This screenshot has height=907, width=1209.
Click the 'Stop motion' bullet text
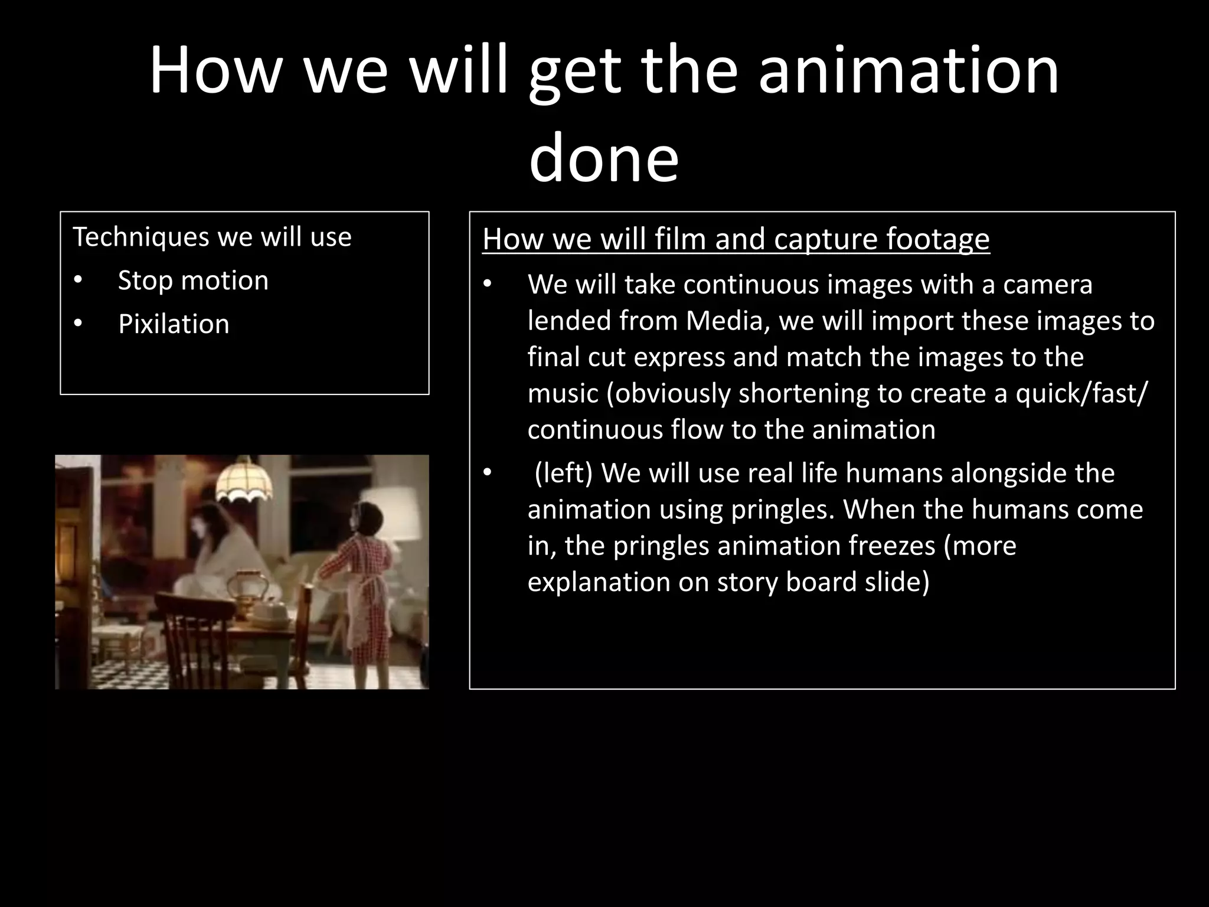(193, 280)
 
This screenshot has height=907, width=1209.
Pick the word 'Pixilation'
(174, 324)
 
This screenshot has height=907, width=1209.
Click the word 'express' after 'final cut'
(678, 357)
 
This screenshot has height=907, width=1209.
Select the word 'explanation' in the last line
(598, 582)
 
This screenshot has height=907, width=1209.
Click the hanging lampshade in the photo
(244, 481)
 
